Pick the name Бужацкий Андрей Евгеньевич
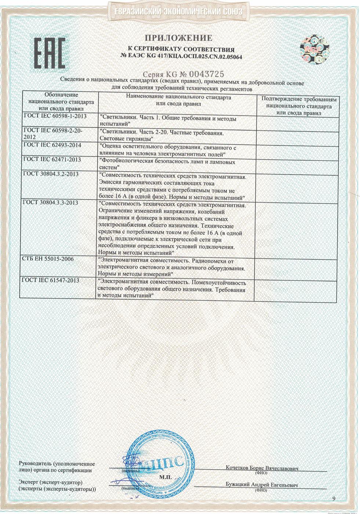tap(262, 485)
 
